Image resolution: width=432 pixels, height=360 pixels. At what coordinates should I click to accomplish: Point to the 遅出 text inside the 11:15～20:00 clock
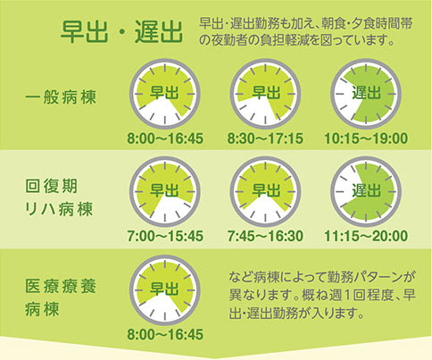[366, 189]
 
